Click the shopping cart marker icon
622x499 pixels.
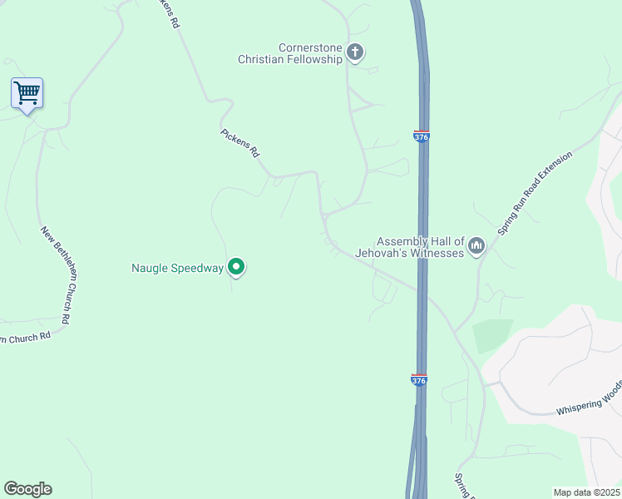tap(27, 93)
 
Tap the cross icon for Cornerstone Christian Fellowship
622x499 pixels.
tap(355, 53)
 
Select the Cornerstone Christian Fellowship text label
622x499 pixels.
tap(290, 53)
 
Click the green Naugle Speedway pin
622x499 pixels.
tap(236, 267)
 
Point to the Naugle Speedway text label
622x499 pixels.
tap(178, 268)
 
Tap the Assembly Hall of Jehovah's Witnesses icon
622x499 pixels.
tap(476, 245)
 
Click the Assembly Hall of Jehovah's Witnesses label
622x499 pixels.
tap(408, 246)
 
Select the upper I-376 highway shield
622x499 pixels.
tap(422, 136)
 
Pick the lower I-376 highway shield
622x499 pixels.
tap(419, 379)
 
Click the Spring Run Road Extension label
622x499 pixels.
tap(535, 194)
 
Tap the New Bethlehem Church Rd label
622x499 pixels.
tap(55, 270)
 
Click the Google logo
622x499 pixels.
tap(27, 489)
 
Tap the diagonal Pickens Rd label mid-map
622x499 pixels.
tap(240, 142)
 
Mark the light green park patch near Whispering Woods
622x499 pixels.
tap(491, 337)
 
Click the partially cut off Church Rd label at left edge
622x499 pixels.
tap(26, 337)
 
